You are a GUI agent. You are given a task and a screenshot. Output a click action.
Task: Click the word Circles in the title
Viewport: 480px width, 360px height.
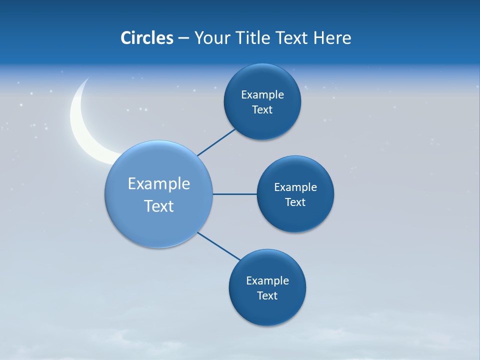147,38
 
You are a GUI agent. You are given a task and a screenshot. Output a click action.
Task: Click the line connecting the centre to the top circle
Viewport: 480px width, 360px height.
216,142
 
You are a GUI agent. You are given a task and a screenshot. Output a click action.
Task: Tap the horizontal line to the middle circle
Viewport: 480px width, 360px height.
234,194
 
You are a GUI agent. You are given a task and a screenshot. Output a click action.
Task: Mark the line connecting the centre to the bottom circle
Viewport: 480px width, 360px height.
219,246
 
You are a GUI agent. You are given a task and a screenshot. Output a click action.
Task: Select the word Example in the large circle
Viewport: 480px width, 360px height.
159,184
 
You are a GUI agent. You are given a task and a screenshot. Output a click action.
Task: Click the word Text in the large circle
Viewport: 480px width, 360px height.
159,206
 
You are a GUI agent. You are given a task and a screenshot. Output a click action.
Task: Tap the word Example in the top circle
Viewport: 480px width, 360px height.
262,95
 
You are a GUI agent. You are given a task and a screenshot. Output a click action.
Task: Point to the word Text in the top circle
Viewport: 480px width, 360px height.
262,110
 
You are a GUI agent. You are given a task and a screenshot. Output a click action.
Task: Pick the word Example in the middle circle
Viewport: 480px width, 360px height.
295,187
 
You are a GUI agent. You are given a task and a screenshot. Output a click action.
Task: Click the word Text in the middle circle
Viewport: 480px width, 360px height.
295,202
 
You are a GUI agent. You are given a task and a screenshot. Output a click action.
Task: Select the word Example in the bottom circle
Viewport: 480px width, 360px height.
267,281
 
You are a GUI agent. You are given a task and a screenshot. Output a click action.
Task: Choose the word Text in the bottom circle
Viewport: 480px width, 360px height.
267,296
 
